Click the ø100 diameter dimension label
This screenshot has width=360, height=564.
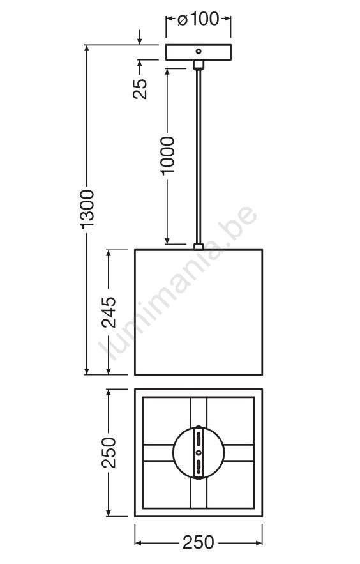click(199, 19)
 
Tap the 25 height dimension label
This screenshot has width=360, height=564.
click(140, 89)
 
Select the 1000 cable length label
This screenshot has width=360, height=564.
click(167, 156)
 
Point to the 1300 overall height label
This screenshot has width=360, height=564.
click(87, 209)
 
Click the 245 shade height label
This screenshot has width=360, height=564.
click(109, 312)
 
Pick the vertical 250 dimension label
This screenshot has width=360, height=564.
click(109, 452)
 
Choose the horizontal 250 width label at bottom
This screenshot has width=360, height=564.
click(199, 542)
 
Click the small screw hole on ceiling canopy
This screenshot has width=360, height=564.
click(199, 52)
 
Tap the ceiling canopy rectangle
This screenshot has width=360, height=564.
click(199, 52)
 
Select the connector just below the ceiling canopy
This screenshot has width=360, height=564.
click(199, 65)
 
